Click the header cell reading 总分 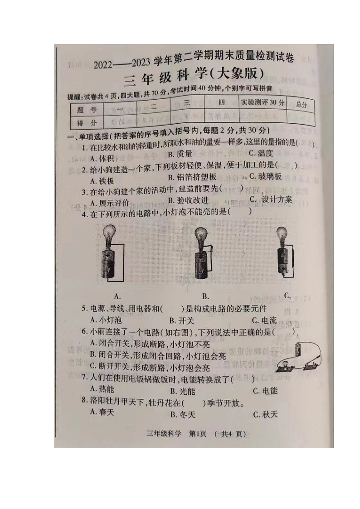click(302, 104)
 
